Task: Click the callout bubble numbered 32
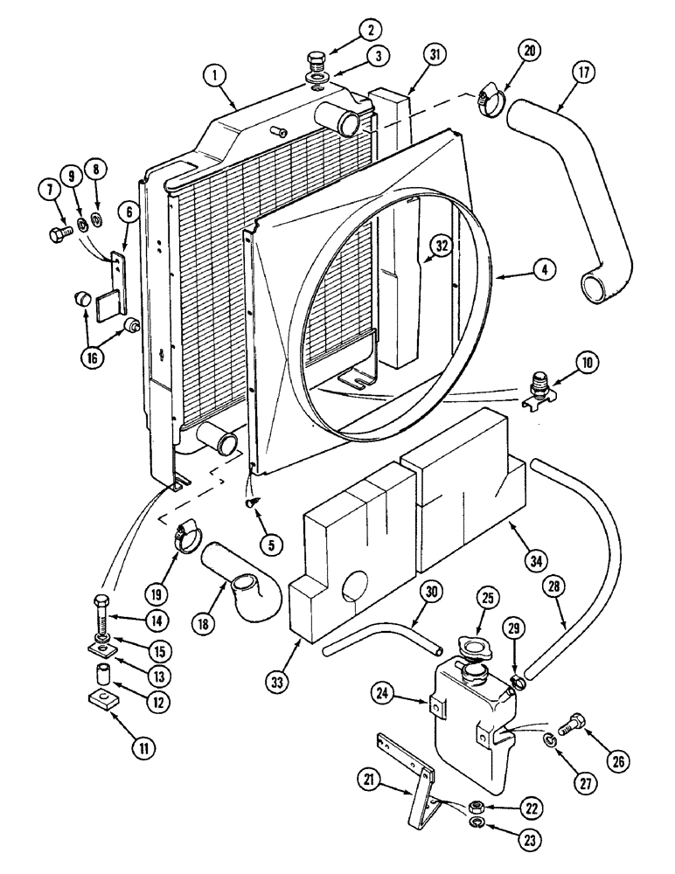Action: coord(442,246)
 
